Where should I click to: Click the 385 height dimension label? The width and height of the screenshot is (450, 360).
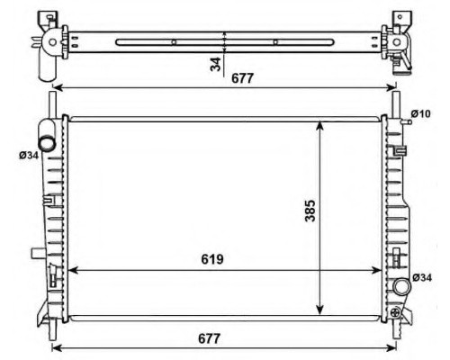click(x=310, y=211)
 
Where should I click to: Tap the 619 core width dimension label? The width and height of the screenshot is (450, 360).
click(x=212, y=259)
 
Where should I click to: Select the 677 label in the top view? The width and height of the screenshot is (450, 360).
click(x=242, y=78)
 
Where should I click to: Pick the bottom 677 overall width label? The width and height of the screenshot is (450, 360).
click(x=209, y=338)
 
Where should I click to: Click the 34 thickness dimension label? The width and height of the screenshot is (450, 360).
click(x=215, y=64)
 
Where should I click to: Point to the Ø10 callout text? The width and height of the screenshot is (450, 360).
click(x=420, y=113)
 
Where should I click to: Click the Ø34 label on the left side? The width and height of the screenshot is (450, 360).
click(x=29, y=156)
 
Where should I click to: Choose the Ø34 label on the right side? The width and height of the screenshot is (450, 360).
click(x=422, y=277)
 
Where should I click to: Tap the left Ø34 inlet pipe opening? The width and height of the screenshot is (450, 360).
click(x=48, y=143)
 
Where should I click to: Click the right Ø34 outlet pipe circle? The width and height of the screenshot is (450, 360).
click(x=401, y=287)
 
